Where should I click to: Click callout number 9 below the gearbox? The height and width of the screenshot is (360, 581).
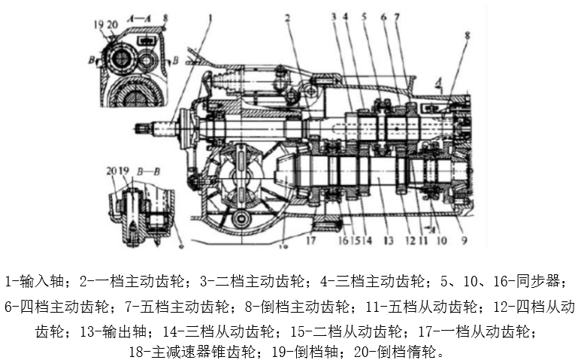tap(464, 241)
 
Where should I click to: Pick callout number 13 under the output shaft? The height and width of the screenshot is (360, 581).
tap(389, 241)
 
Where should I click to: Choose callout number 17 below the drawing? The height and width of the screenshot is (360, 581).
tap(310, 241)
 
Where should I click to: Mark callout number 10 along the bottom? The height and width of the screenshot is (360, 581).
tap(443, 241)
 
